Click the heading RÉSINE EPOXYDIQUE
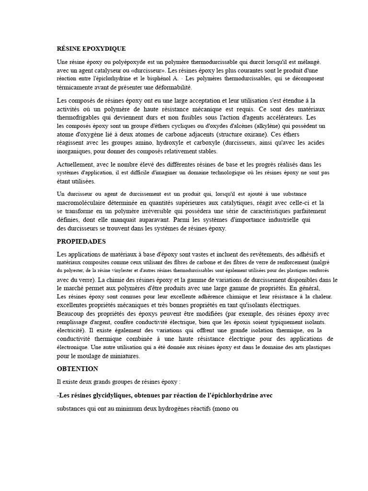(x=91, y=49)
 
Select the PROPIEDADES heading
(x=81, y=241)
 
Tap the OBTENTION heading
(x=77, y=369)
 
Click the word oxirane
(x=250, y=134)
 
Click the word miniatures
(x=124, y=356)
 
